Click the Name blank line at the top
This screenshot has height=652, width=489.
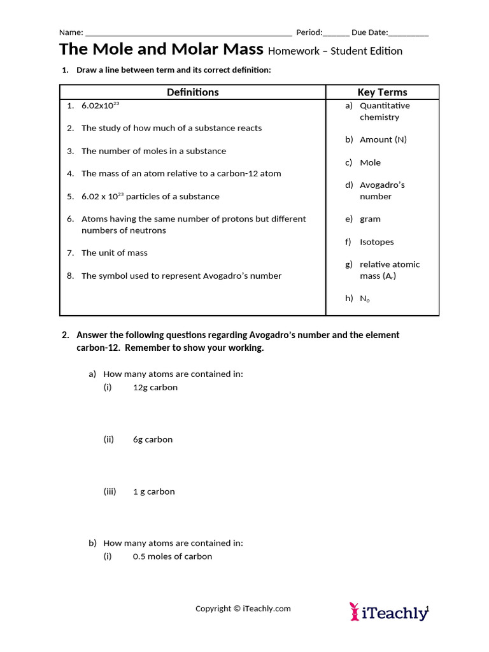188,34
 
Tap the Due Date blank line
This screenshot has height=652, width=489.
408,34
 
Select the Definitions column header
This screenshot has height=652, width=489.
192,92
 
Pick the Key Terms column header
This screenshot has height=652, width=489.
382,92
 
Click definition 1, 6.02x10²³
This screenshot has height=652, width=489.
100,106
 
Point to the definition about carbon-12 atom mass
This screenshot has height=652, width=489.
181,173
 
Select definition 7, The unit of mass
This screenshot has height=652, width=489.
114,253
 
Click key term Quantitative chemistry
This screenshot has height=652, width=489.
384,111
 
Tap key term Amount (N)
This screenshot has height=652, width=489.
383,139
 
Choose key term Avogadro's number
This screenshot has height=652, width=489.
381,190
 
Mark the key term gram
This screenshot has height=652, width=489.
370,219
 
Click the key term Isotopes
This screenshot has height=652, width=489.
376,242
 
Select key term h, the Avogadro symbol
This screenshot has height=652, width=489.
364,299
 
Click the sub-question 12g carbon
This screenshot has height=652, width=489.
155,388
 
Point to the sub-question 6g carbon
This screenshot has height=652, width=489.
152,439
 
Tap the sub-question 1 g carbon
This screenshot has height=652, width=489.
153,492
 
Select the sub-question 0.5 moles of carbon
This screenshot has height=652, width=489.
172,556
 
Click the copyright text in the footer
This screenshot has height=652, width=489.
243,609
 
